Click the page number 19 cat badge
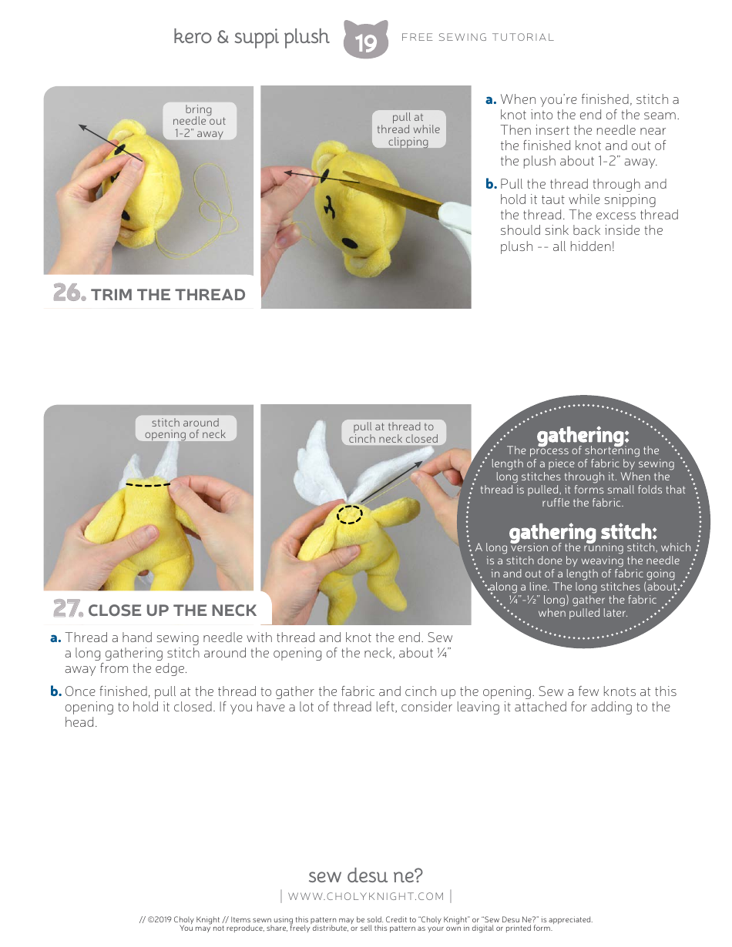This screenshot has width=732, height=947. [x=365, y=40]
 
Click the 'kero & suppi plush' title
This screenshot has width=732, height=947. [x=251, y=37]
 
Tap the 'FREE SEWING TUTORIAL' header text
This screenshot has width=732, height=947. [x=478, y=37]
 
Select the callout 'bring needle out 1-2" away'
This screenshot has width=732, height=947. [x=199, y=121]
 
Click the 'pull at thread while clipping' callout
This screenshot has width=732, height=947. [x=408, y=129]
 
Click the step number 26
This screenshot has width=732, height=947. [x=68, y=293]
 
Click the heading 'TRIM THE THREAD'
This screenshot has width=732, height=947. [x=168, y=295]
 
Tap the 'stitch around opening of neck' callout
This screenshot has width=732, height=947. [x=185, y=428]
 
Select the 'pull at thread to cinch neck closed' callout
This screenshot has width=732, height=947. [x=393, y=433]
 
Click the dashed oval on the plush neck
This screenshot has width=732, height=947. [x=350, y=514]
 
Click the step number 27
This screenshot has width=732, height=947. [x=67, y=609]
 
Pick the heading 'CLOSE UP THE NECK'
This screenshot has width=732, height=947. [x=172, y=611]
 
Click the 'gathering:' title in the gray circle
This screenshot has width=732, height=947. [x=583, y=436]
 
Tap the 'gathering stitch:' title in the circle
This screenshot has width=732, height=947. [x=583, y=532]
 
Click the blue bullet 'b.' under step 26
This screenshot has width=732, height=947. [x=491, y=184]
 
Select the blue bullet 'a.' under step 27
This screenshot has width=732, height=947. [x=55, y=637]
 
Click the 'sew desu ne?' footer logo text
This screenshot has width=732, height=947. [x=365, y=875]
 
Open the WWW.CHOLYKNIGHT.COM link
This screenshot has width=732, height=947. [x=366, y=896]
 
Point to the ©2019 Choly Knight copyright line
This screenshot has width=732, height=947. [x=366, y=919]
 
